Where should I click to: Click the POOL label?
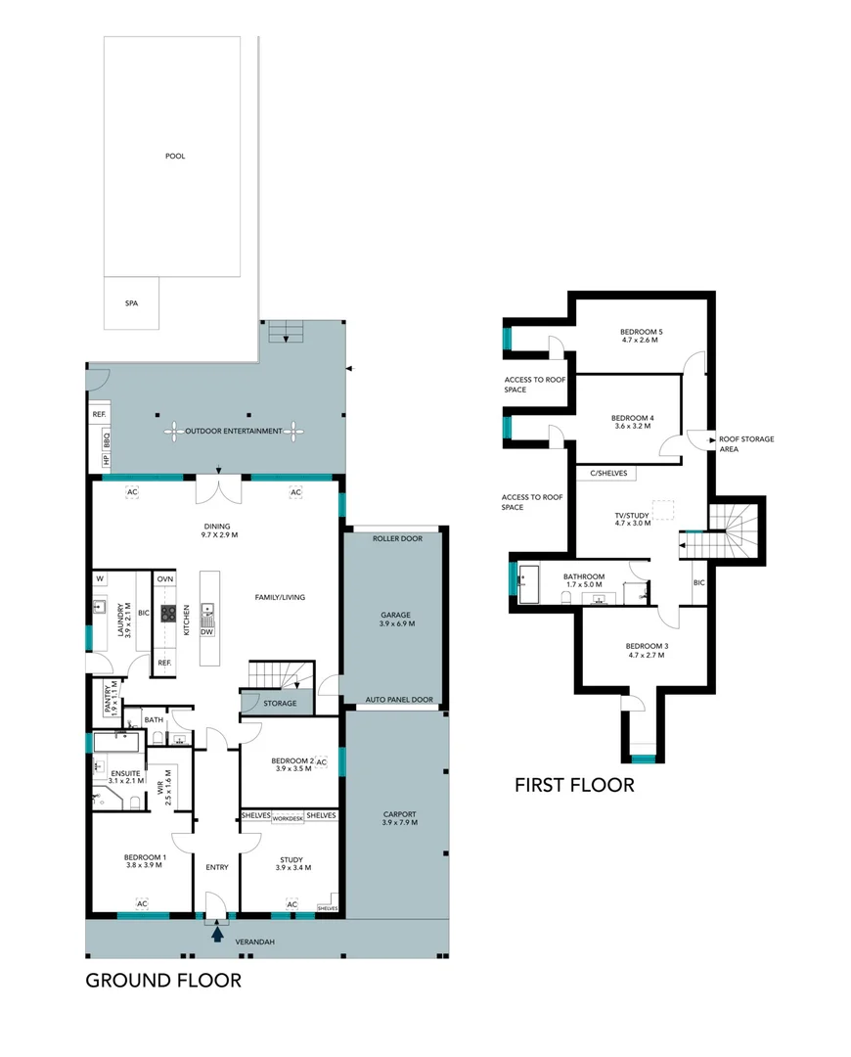tap(175, 156)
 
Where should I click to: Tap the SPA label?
tap(131, 303)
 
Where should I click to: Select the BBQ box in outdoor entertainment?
tap(107, 437)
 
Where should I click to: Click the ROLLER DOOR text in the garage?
tap(396, 538)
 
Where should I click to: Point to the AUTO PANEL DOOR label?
tap(398, 700)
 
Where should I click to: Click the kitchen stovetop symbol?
tap(168, 615)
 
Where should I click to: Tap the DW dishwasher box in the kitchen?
tap(206, 632)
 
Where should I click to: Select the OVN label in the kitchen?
tap(165, 578)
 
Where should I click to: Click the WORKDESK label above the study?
tap(288, 816)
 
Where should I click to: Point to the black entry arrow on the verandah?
tap(216, 934)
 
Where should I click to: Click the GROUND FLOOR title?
tap(163, 980)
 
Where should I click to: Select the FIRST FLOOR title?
tap(575, 784)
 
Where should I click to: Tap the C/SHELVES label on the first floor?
tap(607, 474)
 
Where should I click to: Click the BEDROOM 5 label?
tap(641, 330)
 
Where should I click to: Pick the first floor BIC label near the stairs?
tap(698, 582)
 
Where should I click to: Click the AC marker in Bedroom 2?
tap(321, 762)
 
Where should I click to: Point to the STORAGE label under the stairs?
tap(280, 703)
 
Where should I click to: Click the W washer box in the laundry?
tap(100, 578)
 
